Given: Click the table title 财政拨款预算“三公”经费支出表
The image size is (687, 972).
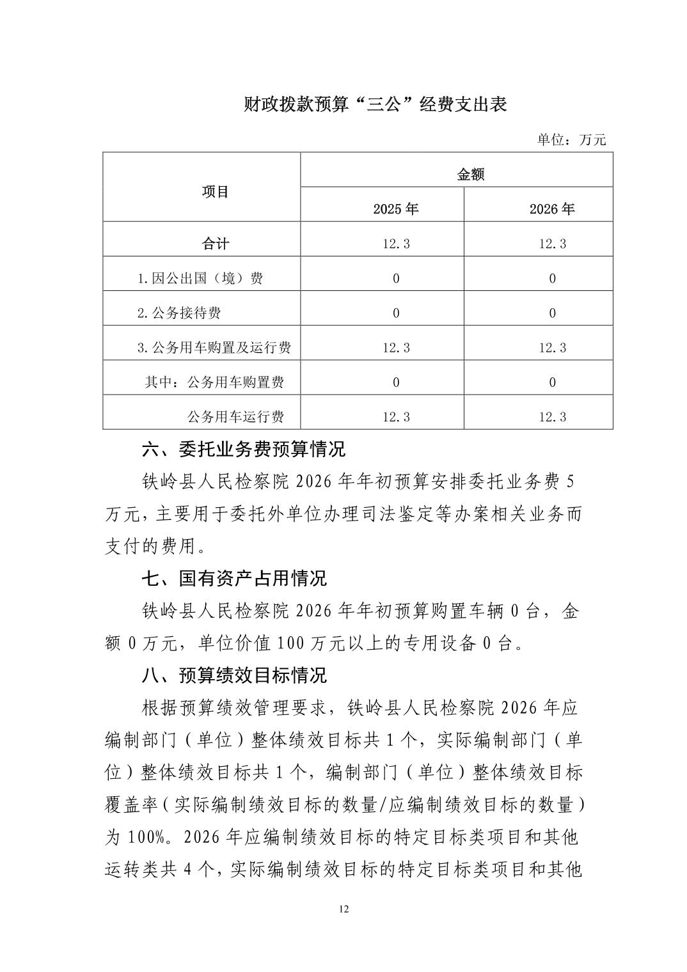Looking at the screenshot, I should click(x=375, y=105).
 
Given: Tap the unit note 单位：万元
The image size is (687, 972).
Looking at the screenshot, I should click(x=571, y=139).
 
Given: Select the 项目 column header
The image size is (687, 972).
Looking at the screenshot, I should click(x=216, y=192).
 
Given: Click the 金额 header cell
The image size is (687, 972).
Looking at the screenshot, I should click(x=471, y=175).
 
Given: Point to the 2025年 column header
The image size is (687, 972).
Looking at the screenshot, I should click(x=396, y=209).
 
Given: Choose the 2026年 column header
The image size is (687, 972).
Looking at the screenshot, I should click(x=552, y=209).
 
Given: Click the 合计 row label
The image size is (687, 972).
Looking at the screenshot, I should click(x=216, y=244).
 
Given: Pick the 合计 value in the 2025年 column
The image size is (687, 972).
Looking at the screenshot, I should click(x=396, y=244).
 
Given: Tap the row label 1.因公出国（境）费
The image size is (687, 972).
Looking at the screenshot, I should click(x=200, y=278).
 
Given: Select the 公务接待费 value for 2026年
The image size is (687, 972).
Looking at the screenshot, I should click(x=552, y=313).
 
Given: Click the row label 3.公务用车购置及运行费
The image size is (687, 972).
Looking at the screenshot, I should click(x=214, y=347).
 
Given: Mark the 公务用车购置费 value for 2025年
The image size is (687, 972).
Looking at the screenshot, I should click(x=396, y=382).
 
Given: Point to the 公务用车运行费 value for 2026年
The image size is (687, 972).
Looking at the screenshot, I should click(x=552, y=416).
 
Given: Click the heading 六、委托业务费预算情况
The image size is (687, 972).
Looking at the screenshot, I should click(x=243, y=449).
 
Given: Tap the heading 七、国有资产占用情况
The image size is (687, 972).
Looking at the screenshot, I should click(x=234, y=578).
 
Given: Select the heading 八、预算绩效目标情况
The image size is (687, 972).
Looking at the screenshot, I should click(x=234, y=675).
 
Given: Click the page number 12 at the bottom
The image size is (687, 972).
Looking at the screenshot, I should click(x=344, y=909).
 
